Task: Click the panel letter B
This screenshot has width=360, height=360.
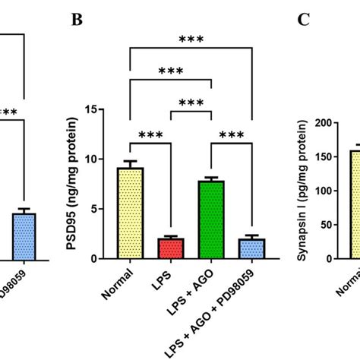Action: [x=77, y=21]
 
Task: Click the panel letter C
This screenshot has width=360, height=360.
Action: [x=304, y=21]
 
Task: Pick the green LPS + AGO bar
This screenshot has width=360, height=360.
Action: [x=209, y=220]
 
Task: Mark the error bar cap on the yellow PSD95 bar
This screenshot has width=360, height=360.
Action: [x=131, y=161]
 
